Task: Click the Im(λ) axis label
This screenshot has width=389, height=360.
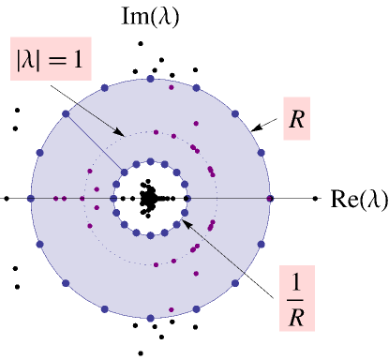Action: pos(151,16)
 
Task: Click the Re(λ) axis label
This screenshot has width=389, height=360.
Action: pos(356,199)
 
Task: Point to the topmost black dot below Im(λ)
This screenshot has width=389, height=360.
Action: pos(140,43)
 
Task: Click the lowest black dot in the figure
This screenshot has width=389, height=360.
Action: pos(140,353)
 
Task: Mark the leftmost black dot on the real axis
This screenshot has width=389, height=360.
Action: pos(7,199)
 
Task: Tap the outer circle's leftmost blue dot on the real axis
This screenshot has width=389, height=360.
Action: pos(31,199)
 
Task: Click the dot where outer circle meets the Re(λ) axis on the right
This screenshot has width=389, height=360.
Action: pos(270,199)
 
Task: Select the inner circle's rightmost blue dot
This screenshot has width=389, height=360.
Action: pos(187,199)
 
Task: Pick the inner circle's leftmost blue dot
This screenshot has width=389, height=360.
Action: pos(113,199)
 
